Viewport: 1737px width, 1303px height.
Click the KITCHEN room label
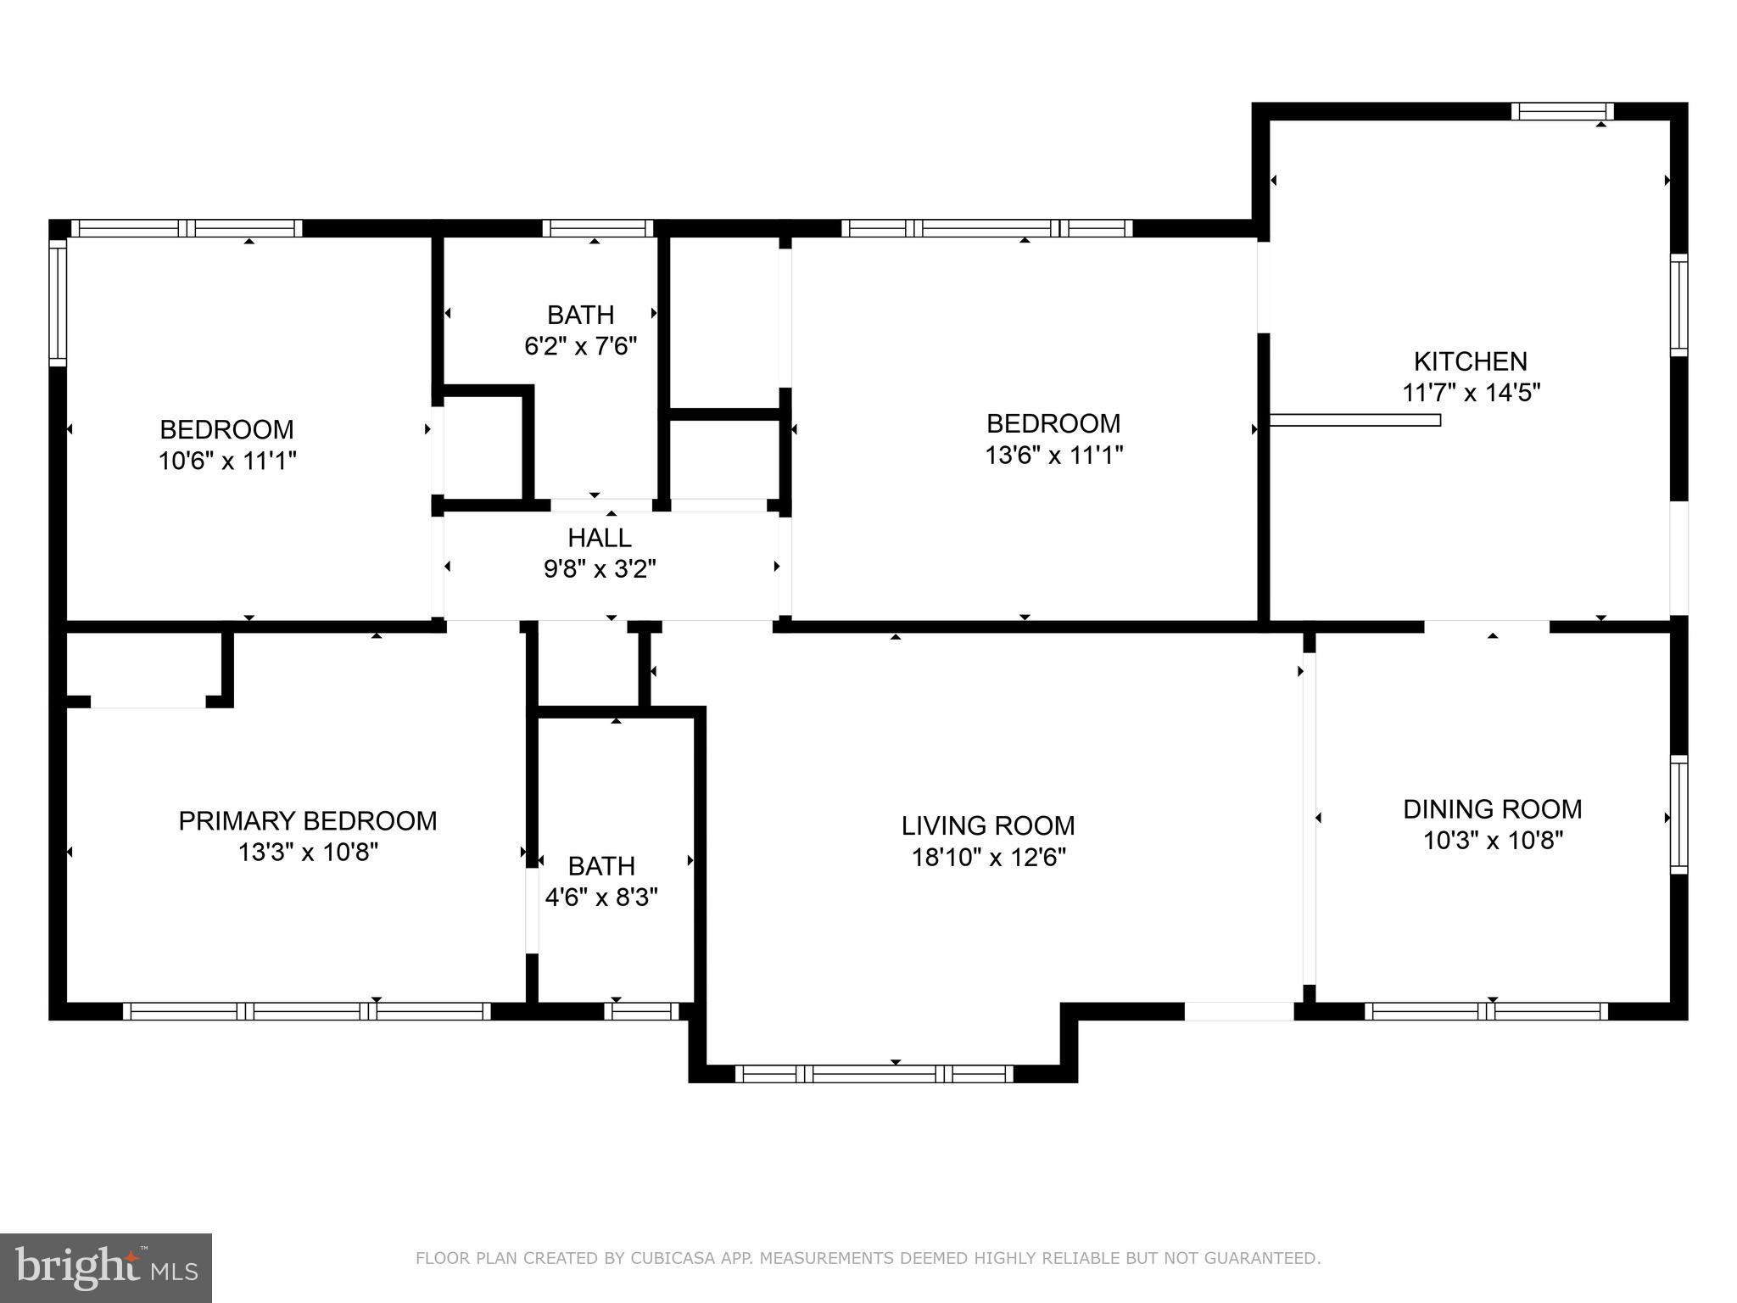[x=1470, y=361]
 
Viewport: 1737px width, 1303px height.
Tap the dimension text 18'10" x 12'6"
[x=988, y=858]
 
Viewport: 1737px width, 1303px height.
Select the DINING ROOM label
[x=1492, y=809]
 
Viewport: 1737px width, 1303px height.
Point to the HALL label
[x=599, y=538]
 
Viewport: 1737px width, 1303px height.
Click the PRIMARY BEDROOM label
[x=307, y=821]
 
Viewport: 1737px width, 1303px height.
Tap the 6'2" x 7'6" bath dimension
[x=580, y=346]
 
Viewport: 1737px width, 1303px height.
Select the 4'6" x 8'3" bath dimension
[x=600, y=898]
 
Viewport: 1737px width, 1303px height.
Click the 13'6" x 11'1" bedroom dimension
[x=1053, y=456]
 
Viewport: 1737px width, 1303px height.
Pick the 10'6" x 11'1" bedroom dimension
[x=227, y=461]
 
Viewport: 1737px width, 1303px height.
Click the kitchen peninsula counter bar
[x=1354, y=420]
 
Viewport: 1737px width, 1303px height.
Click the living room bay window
[x=874, y=1074]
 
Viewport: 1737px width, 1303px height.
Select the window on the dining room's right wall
[x=1678, y=814]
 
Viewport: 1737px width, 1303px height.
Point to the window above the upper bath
[x=598, y=228]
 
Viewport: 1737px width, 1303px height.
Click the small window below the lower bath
[x=641, y=1011]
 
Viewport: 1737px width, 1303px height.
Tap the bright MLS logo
[x=106, y=1267]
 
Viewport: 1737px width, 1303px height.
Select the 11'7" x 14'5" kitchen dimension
[x=1470, y=393]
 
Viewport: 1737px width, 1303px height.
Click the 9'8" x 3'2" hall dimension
[x=600, y=569]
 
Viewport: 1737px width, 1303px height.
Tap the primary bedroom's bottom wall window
[x=307, y=1011]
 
